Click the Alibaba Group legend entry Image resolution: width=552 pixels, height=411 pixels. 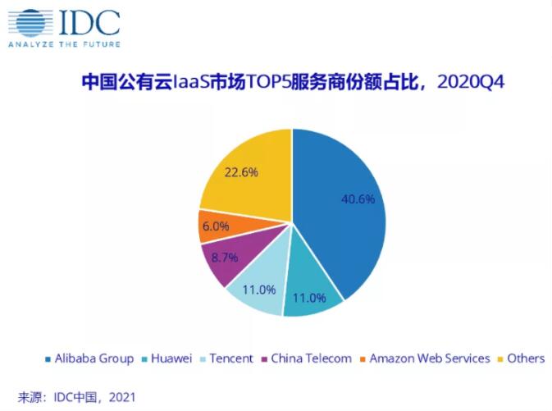[93, 358]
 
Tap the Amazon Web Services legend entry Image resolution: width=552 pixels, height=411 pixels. [428, 358]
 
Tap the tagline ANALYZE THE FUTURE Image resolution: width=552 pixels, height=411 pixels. [63, 43]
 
